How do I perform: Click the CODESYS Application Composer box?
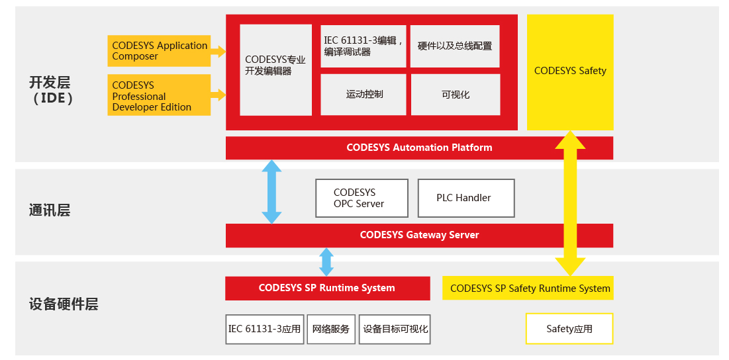click(x=159, y=51)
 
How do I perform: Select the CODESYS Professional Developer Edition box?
click(x=159, y=95)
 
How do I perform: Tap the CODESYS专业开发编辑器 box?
click(x=275, y=70)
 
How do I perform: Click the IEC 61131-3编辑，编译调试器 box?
click(x=363, y=46)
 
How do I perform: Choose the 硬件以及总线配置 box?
click(x=454, y=46)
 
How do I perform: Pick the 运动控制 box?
click(x=364, y=95)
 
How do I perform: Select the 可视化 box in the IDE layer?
click(x=455, y=95)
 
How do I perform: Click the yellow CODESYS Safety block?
click(x=569, y=71)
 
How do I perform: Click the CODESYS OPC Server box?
click(x=358, y=198)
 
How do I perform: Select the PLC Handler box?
click(x=465, y=198)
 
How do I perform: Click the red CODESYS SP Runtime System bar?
click(x=327, y=288)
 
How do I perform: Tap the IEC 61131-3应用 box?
click(x=264, y=329)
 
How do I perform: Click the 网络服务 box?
click(x=331, y=329)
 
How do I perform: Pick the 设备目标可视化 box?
click(x=395, y=329)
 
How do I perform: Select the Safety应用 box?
click(x=569, y=329)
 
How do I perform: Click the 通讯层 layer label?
click(x=50, y=210)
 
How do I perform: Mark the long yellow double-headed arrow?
click(x=569, y=205)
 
